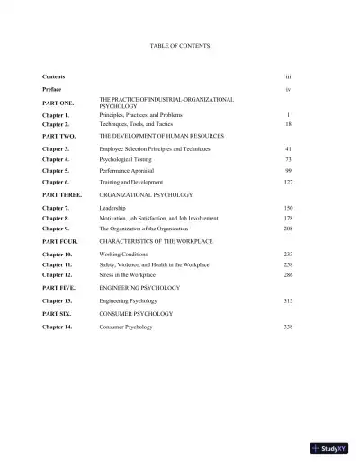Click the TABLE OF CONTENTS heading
pos(181,44)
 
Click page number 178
pos(288,218)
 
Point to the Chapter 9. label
pos(57,229)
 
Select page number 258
pos(288,266)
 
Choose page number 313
pos(288,302)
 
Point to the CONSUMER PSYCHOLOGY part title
pos(136,314)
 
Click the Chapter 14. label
pos(58,327)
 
